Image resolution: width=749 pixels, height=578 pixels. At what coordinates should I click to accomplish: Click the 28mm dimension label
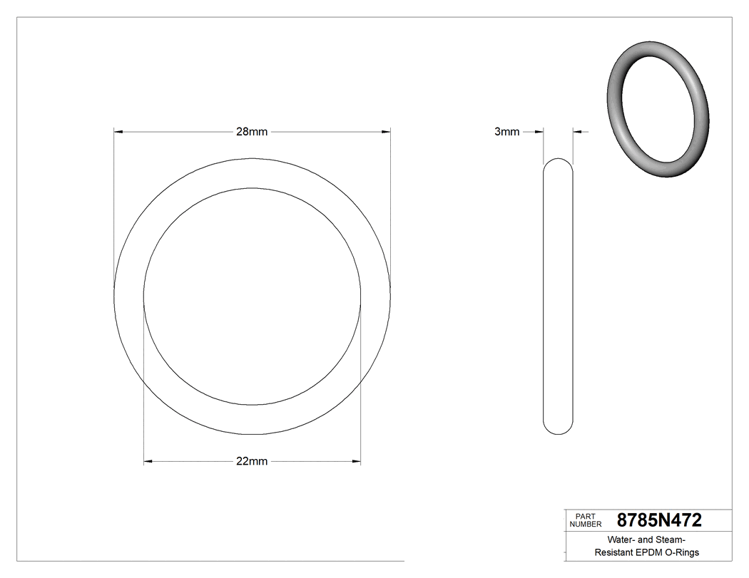point(252,132)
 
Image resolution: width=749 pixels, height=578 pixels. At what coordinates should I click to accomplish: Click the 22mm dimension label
point(252,461)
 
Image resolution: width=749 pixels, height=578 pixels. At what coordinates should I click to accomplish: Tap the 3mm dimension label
point(506,132)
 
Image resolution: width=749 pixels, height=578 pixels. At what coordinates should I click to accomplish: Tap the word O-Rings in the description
point(683,553)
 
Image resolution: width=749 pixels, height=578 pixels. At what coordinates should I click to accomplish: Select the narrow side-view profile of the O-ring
point(558,296)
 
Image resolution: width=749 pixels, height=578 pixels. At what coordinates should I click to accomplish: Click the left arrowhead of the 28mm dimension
point(119,132)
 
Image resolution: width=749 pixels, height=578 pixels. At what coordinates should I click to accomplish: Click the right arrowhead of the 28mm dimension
point(386,132)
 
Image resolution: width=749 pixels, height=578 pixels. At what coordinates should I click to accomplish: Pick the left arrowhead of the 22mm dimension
point(148,462)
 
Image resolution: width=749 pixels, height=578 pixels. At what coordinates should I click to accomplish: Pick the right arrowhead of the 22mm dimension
point(356,462)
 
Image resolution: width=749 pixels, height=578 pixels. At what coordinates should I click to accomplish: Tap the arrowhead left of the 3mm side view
point(539,132)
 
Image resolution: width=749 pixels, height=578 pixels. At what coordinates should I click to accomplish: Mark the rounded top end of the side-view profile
point(558,161)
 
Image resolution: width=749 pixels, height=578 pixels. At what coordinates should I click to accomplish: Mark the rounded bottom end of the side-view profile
point(558,430)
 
